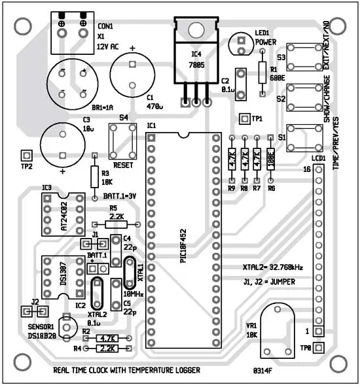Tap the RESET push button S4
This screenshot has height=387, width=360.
click(123, 140)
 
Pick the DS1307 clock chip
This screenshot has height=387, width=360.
click(58, 277)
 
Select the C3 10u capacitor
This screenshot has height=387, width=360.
click(63, 143)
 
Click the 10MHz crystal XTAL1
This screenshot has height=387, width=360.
click(129, 273)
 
